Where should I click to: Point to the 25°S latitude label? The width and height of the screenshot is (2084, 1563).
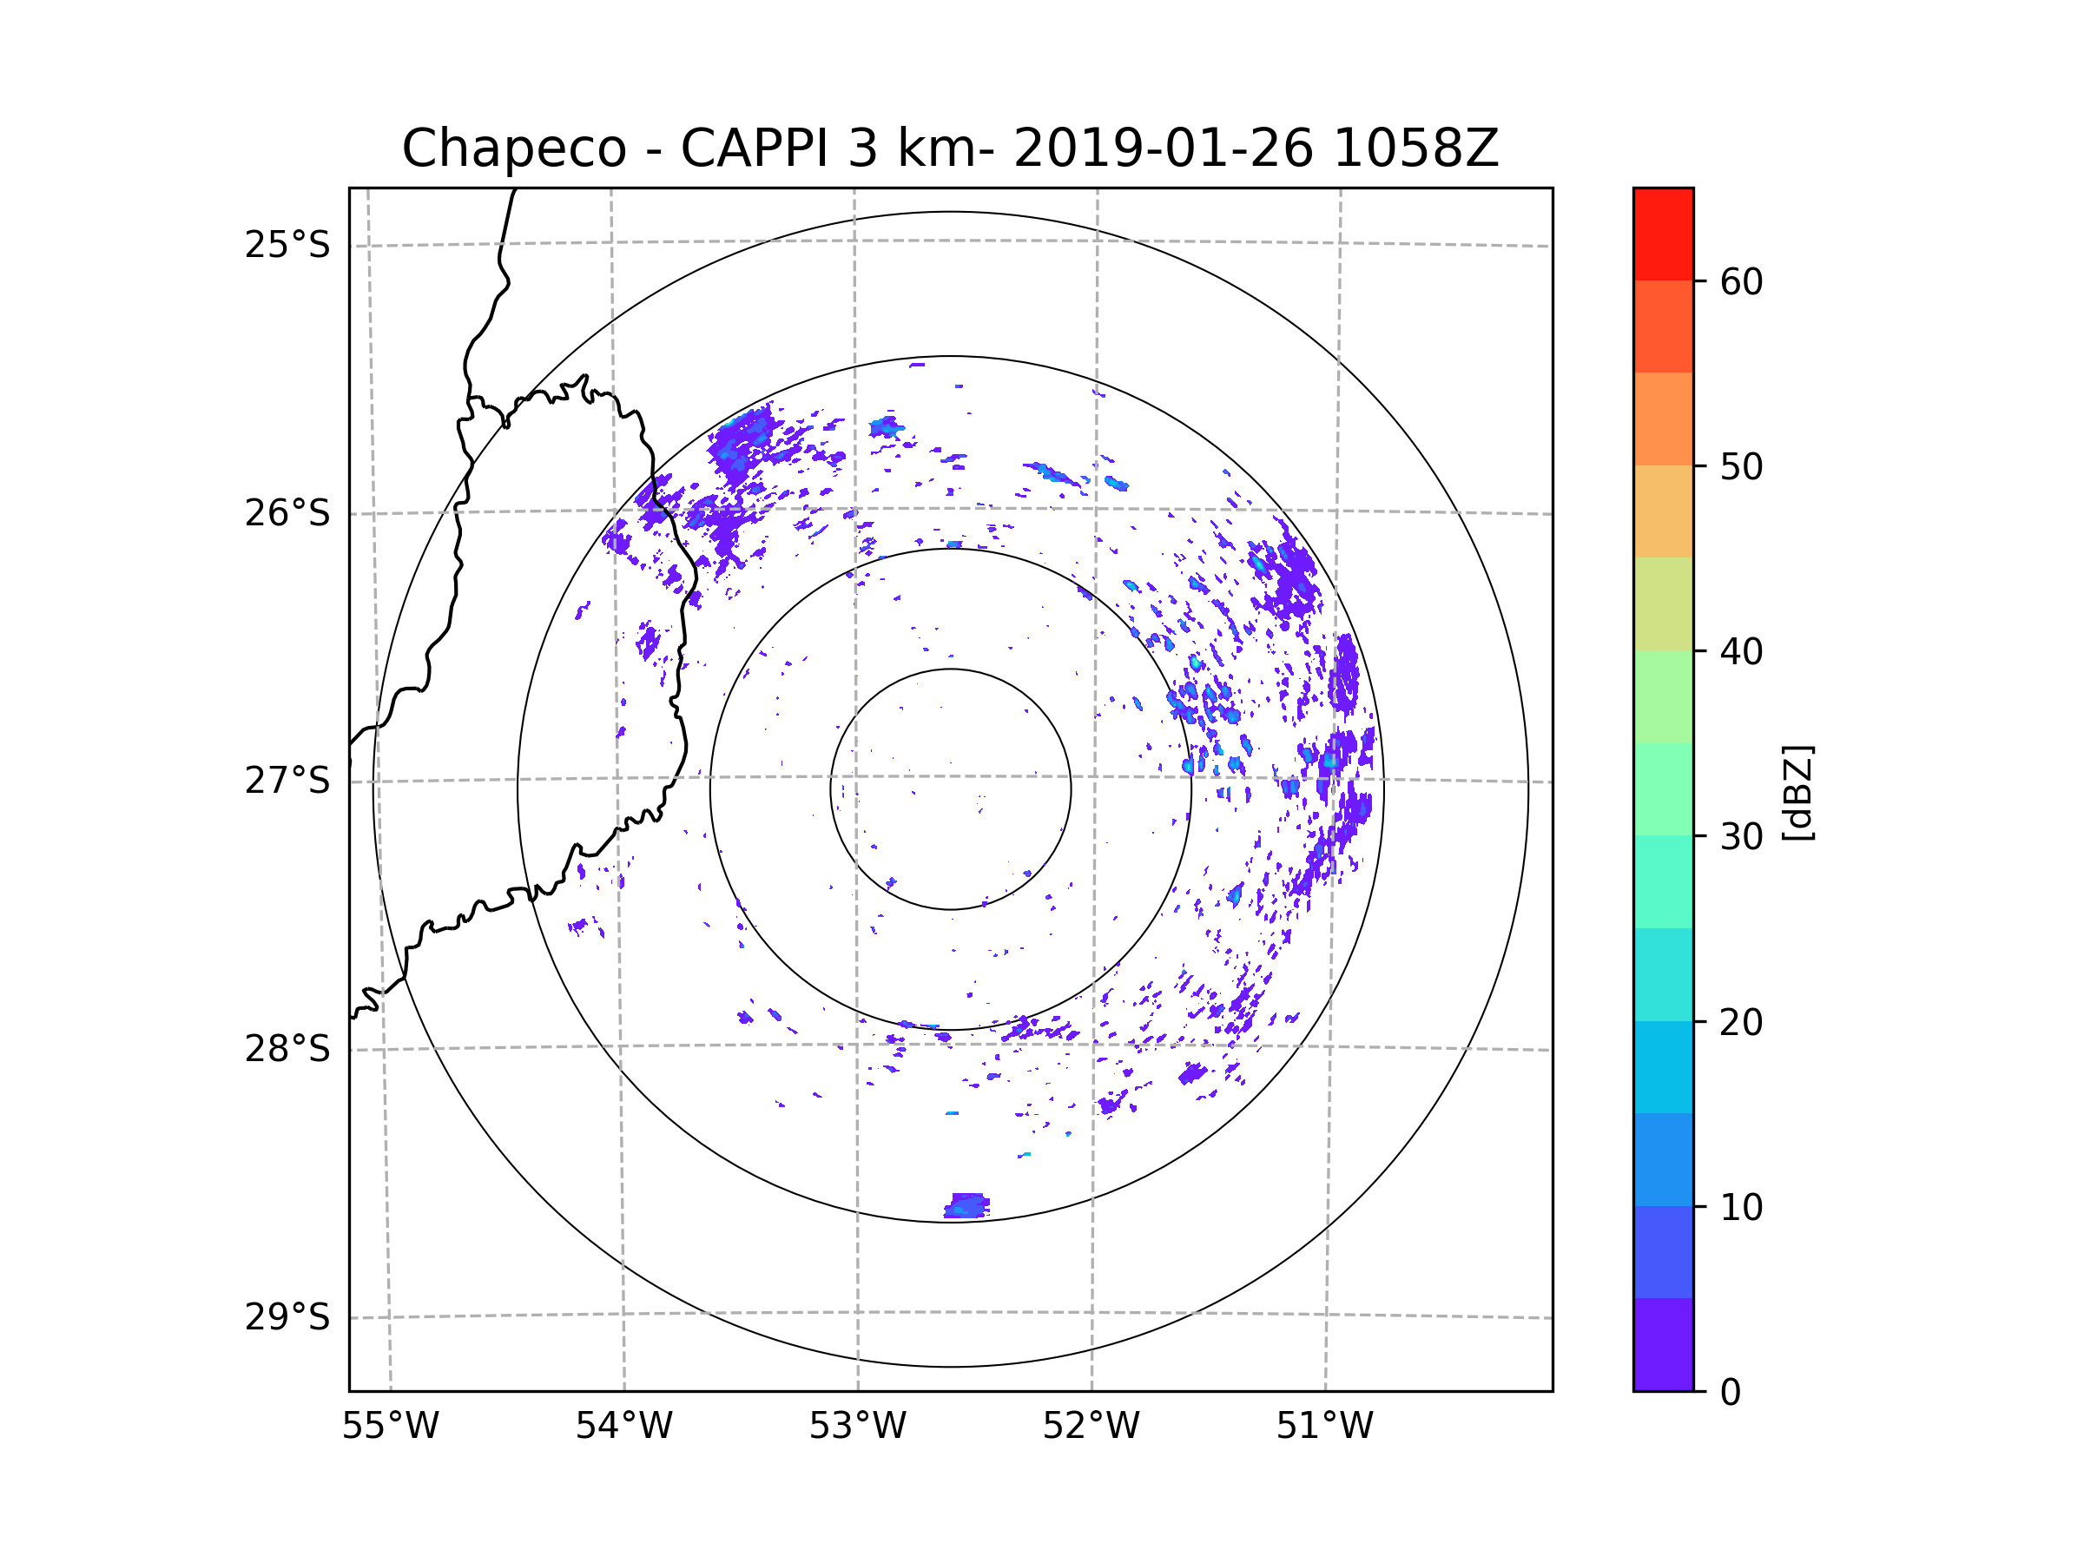tap(287, 245)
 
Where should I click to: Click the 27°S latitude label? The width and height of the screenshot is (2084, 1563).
tap(287, 780)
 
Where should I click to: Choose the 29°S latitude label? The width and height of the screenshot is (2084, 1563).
tap(287, 1316)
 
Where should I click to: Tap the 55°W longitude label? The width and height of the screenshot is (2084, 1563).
tap(390, 1426)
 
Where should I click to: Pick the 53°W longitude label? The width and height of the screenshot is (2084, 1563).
tap(857, 1426)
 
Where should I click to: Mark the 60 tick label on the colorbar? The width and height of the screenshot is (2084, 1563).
tap(1741, 281)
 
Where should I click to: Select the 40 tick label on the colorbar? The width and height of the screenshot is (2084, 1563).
tap(1741, 651)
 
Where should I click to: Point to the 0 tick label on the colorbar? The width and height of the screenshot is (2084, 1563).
tap(1731, 1392)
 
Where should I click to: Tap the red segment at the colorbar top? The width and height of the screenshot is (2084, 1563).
tap(1663, 234)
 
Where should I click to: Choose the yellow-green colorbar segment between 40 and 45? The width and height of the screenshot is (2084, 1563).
tap(1663, 603)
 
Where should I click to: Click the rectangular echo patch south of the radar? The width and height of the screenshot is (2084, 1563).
tap(966, 1205)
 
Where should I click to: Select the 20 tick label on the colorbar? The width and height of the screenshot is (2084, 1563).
tap(1741, 1021)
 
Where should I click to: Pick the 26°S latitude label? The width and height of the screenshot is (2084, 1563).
tap(287, 512)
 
